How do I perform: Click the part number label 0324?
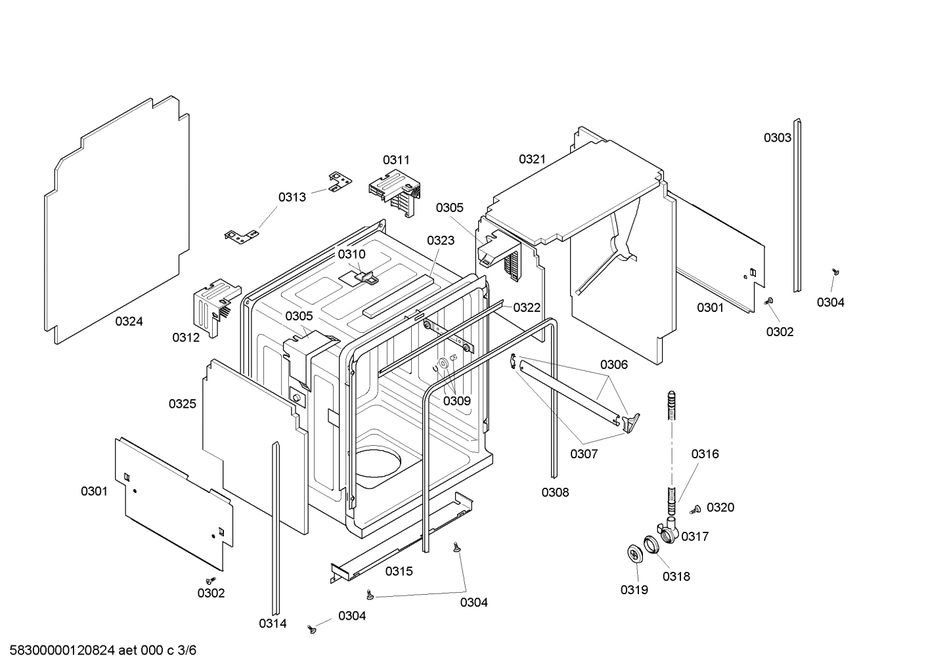tap(129, 321)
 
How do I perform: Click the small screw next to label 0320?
tap(695, 509)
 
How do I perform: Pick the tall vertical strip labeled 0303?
tap(797, 205)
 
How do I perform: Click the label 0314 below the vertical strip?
tap(273, 624)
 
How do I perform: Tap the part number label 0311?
tap(396, 160)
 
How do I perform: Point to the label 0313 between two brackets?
tap(292, 197)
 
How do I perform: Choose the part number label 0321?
tap(532, 159)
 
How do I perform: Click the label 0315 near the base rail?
tap(399, 571)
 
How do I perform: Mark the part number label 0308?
tap(555, 492)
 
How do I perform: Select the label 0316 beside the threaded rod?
tap(705, 454)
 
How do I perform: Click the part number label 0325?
tap(182, 404)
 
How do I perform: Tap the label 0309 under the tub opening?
tap(456, 400)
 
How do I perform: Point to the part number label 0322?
tap(527, 307)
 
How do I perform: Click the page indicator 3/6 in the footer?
tap(187, 651)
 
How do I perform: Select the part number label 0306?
tap(613, 364)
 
